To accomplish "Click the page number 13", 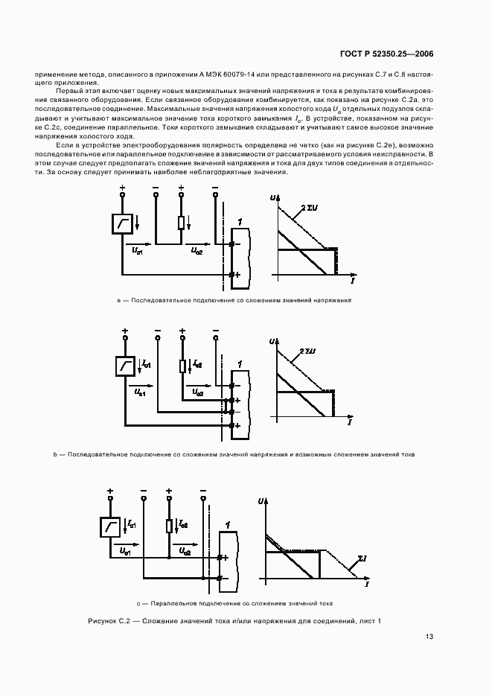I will tap(429, 637).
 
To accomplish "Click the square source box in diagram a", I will tap(122, 223).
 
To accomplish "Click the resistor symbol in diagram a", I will tap(181, 223).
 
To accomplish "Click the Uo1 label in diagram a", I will tap(138, 251).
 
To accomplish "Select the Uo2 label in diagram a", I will tap(197, 251).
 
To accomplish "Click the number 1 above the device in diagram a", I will tap(238, 223).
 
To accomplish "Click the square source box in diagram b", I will tap(125, 366).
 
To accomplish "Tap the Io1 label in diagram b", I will tap(146, 363).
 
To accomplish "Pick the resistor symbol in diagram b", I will tap(182, 366).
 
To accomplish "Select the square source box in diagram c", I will tap(109, 526).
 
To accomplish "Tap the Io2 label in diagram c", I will tap(183, 524).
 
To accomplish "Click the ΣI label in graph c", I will tap(362, 557).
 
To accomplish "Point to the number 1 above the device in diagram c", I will tap(226, 525).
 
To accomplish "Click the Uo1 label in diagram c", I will tap(124, 552).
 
